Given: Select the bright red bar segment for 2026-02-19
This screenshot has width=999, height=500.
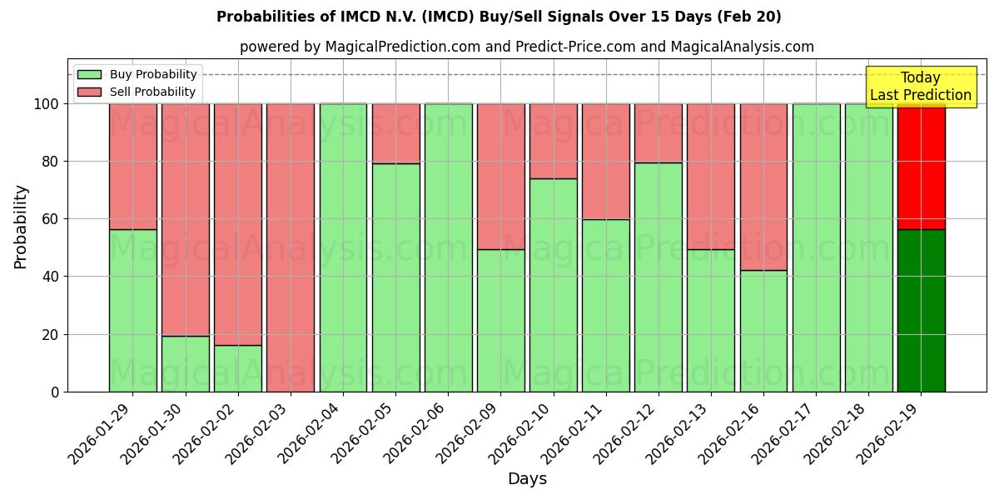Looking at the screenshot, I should [921, 167].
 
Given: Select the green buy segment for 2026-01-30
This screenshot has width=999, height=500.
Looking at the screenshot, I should [185, 363].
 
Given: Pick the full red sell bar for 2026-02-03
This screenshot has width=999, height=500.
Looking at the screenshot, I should [290, 247].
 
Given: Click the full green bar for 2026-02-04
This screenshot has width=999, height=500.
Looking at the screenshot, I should [343, 247].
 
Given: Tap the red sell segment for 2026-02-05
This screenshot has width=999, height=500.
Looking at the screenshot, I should [395, 133].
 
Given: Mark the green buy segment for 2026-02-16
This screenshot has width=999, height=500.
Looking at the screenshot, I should [763, 331].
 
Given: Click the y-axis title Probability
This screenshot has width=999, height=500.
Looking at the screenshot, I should [21, 227].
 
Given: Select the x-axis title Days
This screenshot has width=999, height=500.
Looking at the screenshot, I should [527, 479].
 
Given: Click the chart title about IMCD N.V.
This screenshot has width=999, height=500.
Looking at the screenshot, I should [499, 17].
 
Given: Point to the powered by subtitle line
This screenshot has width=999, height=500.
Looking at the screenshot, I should [526, 47].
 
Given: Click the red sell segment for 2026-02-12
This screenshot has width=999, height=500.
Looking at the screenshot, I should [658, 132].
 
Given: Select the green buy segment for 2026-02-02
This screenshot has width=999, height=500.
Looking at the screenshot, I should [237, 368].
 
